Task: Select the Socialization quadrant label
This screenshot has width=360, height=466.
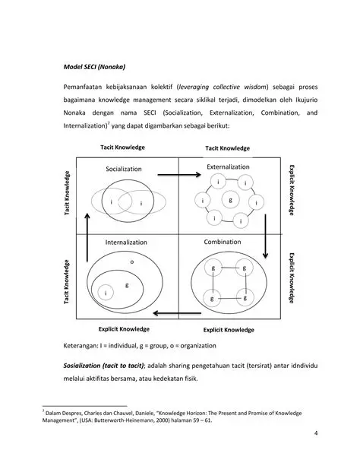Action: pyautogui.click(x=125, y=168)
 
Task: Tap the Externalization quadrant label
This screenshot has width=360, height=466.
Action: pyautogui.click(x=228, y=166)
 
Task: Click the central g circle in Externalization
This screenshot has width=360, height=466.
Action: pyautogui.click(x=230, y=199)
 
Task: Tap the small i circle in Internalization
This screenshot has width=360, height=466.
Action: pyautogui.click(x=106, y=292)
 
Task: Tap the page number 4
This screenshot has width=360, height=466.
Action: pyautogui.click(x=314, y=434)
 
